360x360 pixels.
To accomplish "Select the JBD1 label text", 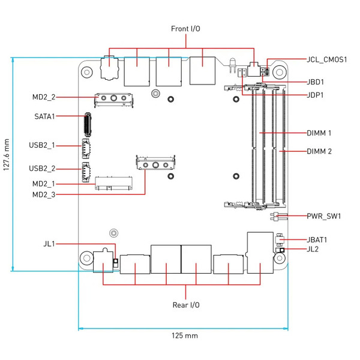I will [316, 82].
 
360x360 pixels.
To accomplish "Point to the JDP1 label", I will [316, 95].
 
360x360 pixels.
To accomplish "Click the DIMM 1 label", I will [319, 133].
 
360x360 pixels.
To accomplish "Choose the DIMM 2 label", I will [319, 151].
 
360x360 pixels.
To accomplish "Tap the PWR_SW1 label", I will [323, 216].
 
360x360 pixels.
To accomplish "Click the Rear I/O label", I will [186, 305].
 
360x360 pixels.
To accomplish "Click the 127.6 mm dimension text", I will [7, 163].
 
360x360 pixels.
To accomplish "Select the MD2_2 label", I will [44, 97].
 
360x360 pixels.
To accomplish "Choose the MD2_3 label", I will [44, 194].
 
